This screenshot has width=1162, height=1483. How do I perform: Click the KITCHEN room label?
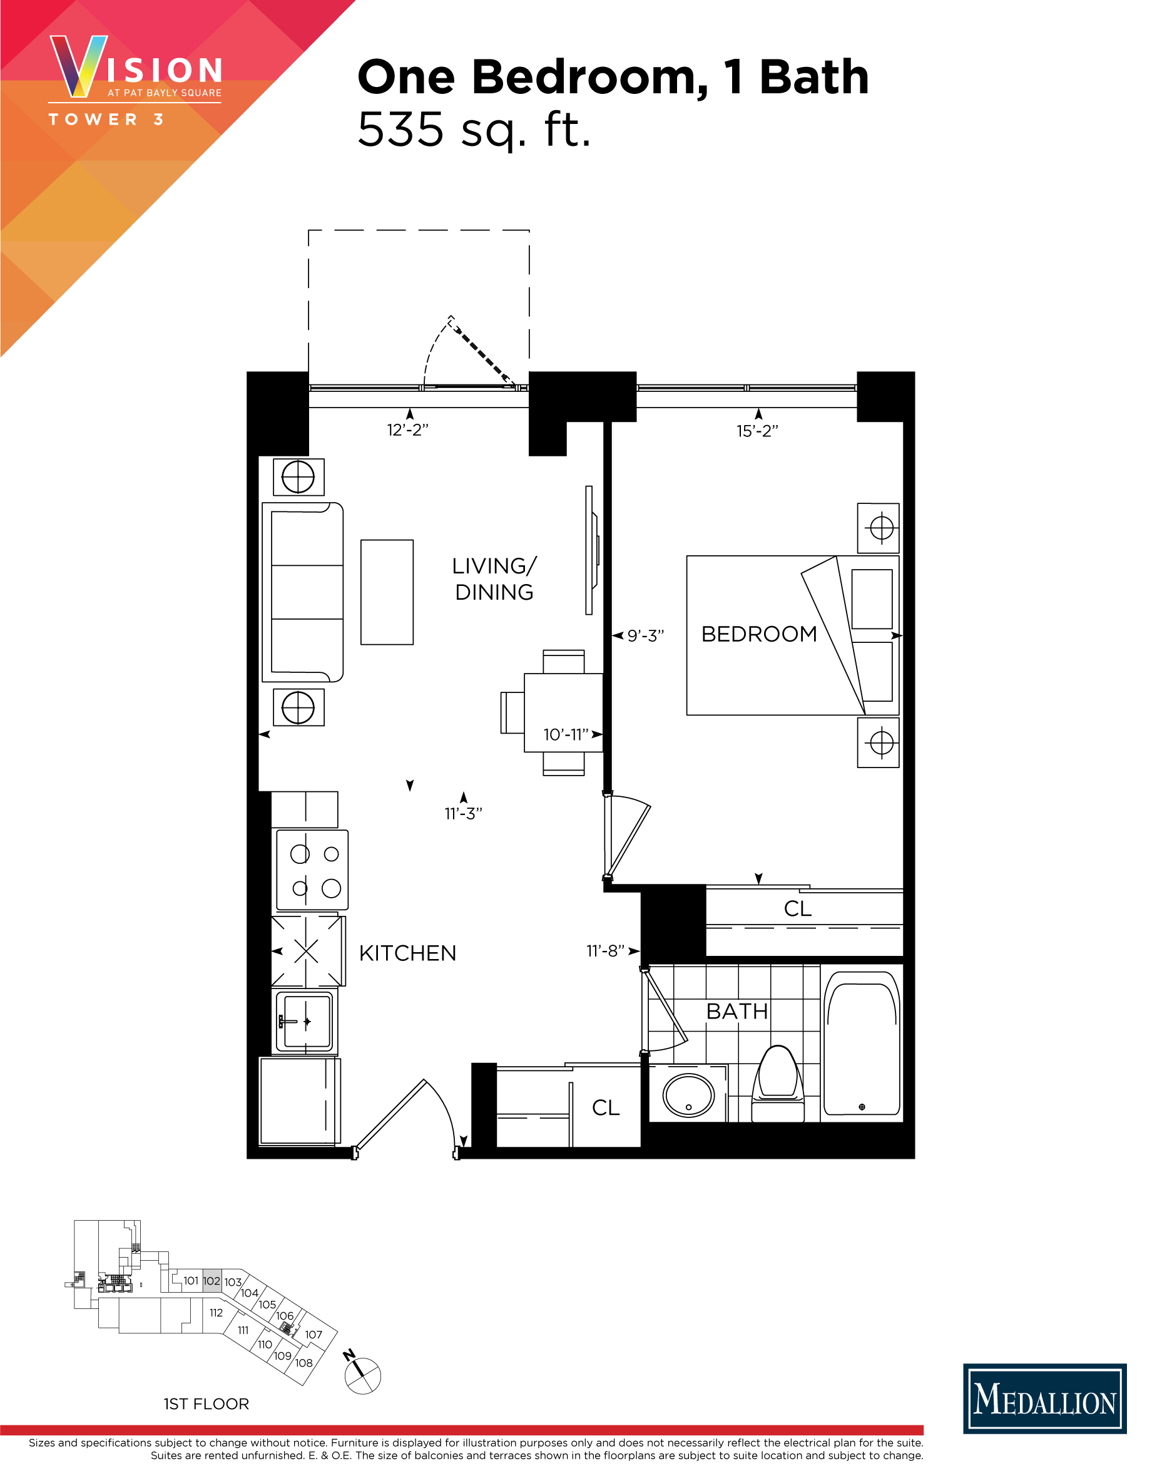coord(407,953)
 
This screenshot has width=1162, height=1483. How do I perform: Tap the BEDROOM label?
coord(758,634)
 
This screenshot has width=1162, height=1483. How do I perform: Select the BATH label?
coord(736,1012)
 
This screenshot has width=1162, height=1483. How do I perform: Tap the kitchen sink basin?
coord(307,1021)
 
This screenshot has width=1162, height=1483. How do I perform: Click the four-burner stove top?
coord(312,871)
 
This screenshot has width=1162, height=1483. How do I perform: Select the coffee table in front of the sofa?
coord(387,592)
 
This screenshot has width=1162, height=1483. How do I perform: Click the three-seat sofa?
coord(303,592)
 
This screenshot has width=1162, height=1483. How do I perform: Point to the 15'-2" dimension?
coord(757,431)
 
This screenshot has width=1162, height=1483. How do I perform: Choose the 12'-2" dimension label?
coord(407,430)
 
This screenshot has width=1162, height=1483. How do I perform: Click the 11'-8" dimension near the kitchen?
coord(606,951)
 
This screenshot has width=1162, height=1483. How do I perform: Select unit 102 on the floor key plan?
coord(212,1281)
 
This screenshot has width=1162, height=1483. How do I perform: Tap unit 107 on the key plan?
coord(313,1335)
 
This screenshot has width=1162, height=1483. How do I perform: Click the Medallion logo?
coord(1044,1398)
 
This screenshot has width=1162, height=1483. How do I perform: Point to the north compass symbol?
coord(362,1374)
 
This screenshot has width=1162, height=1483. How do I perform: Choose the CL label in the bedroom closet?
coord(797,908)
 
